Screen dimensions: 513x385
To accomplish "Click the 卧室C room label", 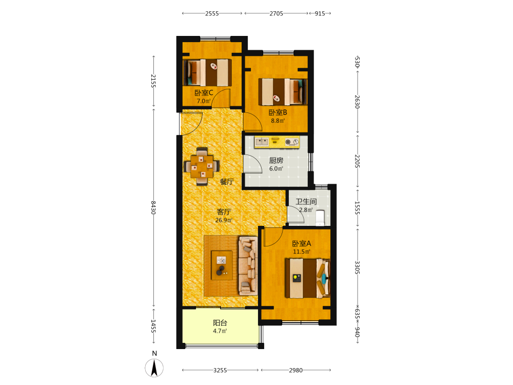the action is [204, 93].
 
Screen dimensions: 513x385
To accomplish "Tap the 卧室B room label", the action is [278, 112].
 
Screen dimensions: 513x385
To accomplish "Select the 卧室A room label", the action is [301, 243].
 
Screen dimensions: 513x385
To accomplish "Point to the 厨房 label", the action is [276, 160].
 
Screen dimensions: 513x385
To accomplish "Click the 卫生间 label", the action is [306, 202].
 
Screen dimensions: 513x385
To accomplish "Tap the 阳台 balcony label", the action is [220, 323].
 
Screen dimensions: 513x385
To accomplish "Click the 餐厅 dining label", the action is [227, 182].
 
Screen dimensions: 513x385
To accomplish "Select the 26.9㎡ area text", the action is [224, 220].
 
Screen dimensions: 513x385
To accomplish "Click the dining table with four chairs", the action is [202, 166].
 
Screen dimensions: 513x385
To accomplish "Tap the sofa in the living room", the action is [248, 266].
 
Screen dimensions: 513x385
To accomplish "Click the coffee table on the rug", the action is [222, 265].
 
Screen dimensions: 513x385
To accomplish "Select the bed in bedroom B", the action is [283, 92].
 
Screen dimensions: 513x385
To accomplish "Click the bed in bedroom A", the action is [307, 278].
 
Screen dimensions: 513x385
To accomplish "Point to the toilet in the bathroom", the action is [320, 218].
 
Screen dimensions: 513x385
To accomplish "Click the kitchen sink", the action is [262, 142].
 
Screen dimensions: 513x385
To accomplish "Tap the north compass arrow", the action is [154, 368].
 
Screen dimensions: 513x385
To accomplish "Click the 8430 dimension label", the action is [153, 207].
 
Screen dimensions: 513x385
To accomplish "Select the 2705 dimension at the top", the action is [277, 13].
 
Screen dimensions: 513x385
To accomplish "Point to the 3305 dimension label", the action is [357, 268].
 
